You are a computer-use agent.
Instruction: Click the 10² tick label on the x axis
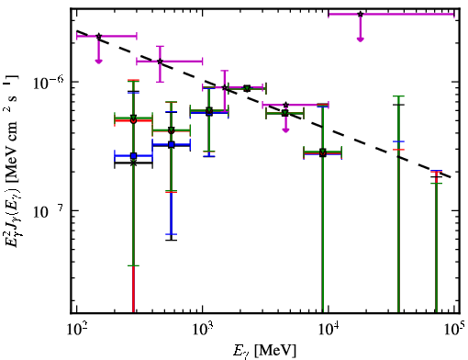coord(76,330)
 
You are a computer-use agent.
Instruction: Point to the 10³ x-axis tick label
coord(202,330)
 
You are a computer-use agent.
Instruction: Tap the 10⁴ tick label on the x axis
coord(329,330)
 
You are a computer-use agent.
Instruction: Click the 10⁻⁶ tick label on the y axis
coord(49,82)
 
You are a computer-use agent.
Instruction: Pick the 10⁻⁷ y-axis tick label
coord(48,211)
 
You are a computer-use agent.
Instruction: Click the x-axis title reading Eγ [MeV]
coord(264,351)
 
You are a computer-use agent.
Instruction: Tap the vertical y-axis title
coord(12,163)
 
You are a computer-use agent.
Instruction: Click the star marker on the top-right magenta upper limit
coord(361,14)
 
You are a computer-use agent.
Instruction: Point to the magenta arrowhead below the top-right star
coord(361,39)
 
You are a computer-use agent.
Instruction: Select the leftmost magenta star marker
coord(98,36)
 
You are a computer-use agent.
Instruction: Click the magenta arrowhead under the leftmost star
coord(98,62)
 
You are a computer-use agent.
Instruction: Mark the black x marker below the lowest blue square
coord(133,163)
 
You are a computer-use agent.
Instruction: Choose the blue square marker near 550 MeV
coord(172,144)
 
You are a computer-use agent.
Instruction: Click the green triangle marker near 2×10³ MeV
coord(247,88)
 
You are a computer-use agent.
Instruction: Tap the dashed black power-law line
coord(264,104)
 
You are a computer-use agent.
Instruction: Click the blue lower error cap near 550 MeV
coord(172,234)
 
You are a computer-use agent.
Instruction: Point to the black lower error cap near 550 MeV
coord(172,240)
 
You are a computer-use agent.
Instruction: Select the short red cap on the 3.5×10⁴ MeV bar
coord(398,150)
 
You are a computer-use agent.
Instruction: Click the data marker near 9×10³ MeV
coord(323,152)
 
